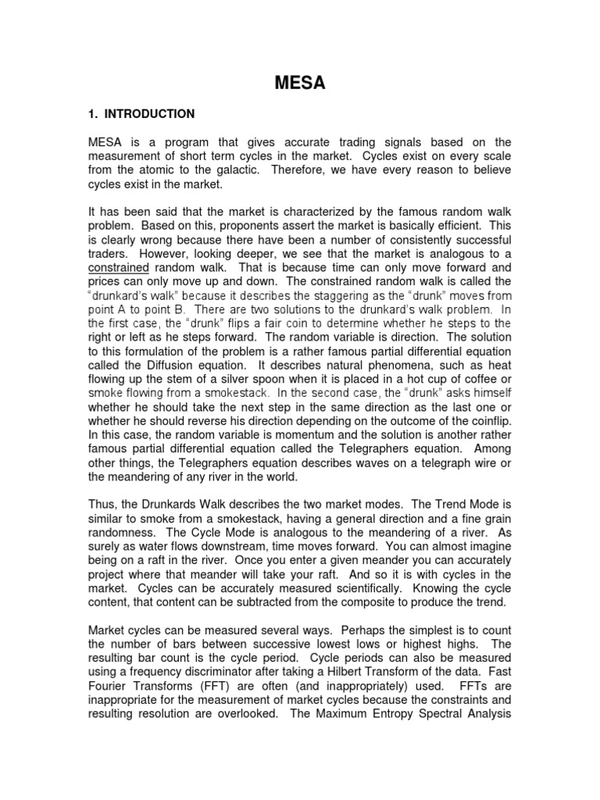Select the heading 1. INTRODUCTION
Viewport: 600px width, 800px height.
click(141, 114)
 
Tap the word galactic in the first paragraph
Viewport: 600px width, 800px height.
click(241, 170)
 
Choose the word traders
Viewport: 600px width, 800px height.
click(109, 255)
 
